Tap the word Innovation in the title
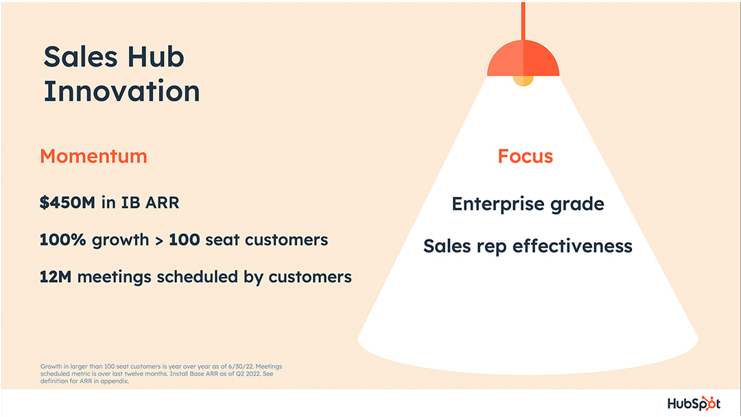[x=121, y=91]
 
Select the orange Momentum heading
[x=93, y=156]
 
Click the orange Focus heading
[x=525, y=156]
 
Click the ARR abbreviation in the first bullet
[x=160, y=204]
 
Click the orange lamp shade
[x=523, y=60]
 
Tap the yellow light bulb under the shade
[x=523, y=80]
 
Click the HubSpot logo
[x=695, y=403]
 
